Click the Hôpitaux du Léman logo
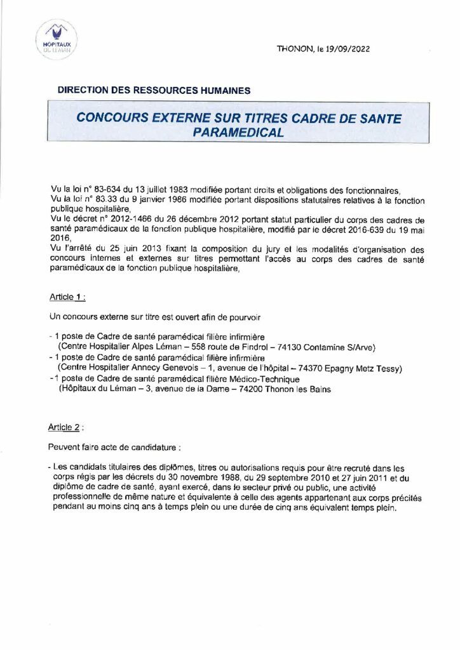point(55,39)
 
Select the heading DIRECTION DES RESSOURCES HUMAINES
point(154,90)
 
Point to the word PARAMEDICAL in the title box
point(238,132)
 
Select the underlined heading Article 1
point(67,298)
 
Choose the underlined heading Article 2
point(66,428)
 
